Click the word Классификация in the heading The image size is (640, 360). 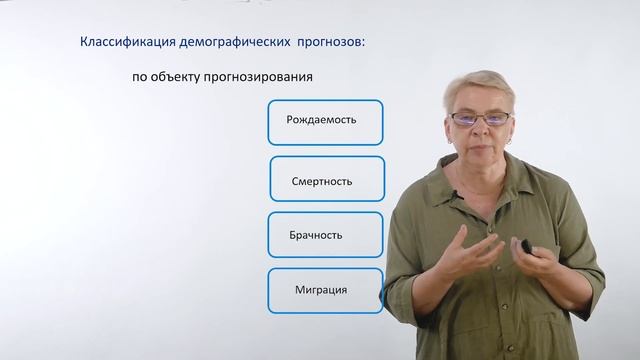(123, 42)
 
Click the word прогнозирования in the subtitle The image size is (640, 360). (269, 76)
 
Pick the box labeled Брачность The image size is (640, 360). (324, 235)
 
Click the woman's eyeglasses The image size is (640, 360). (482, 117)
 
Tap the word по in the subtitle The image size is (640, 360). (139, 76)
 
